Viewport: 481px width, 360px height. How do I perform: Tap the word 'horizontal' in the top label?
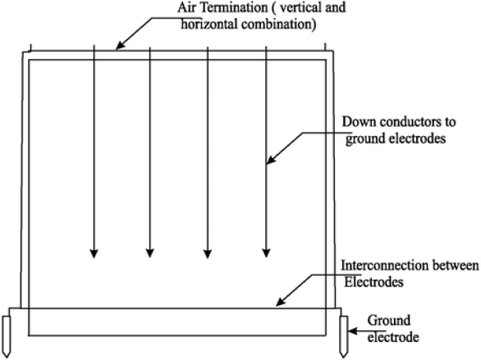[x=208, y=25]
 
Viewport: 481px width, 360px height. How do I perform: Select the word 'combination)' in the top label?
[x=279, y=25]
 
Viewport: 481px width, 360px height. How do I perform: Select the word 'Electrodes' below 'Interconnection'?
[x=373, y=282]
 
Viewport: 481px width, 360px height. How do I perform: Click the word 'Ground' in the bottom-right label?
[x=389, y=321]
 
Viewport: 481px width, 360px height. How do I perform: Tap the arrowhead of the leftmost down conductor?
[x=94, y=254]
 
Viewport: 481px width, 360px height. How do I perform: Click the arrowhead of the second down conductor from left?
[x=149, y=253]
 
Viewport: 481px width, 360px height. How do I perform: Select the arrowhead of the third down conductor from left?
[x=208, y=254]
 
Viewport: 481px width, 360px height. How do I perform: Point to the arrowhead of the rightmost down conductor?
[x=266, y=253]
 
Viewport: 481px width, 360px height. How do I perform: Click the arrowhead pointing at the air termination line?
[x=120, y=45]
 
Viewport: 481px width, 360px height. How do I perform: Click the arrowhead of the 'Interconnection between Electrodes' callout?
[x=281, y=301]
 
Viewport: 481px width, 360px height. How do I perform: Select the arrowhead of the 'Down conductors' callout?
[x=271, y=160]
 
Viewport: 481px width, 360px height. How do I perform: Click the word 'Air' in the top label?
[x=186, y=7]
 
